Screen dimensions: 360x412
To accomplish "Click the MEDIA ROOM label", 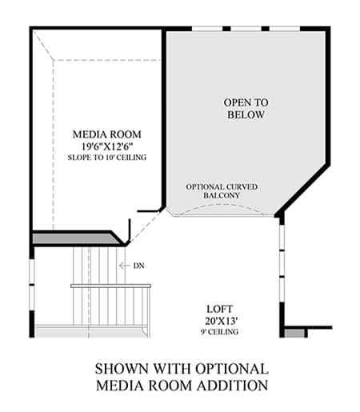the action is tap(107, 134).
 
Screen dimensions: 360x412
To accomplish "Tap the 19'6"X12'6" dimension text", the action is tap(107, 146).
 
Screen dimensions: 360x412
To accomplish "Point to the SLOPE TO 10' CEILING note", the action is tap(107, 158).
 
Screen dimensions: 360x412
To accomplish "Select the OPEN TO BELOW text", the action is tap(246, 109).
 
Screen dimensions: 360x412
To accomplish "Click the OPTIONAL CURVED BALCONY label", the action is tap(222, 191).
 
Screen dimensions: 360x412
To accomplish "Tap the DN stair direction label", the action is tap(138, 266).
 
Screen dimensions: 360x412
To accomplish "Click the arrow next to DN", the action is tap(125, 266).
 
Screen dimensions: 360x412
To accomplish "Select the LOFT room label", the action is tap(220, 309).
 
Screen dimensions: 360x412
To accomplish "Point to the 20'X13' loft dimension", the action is tap(222, 321).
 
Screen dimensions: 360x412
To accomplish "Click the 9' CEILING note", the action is tap(219, 332).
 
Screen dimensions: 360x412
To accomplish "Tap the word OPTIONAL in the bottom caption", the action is tap(232, 369).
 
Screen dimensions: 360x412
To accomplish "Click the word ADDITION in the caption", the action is tap(232, 386).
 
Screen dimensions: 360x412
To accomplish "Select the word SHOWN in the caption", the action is tap(122, 369).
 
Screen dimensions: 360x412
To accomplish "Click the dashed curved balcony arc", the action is tap(222, 205).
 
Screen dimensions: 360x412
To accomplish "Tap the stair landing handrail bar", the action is tap(110, 286).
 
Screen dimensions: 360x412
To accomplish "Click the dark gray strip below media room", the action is tap(74, 238).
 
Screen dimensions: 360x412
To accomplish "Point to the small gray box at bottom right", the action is tap(294, 334).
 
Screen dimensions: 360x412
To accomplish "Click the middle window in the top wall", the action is tap(246, 29).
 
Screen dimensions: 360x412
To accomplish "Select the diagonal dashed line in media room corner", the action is tap(43, 45).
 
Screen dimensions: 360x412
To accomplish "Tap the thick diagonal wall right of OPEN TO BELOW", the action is tap(302, 188).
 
